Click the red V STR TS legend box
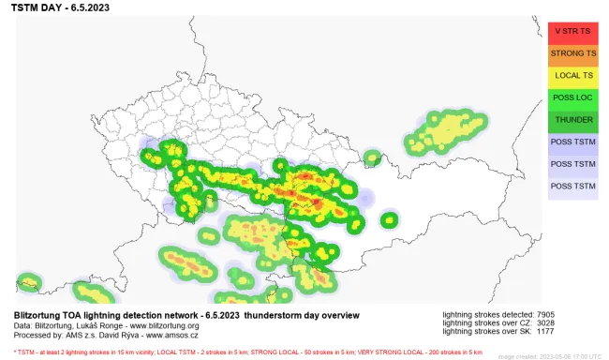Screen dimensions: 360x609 point(573,30)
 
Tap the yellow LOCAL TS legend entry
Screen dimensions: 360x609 point(573,75)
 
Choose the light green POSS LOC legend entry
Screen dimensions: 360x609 point(573,97)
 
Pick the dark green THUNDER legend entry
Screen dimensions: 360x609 point(573,120)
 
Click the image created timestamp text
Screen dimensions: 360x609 point(549,356)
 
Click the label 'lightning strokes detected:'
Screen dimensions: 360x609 point(484,314)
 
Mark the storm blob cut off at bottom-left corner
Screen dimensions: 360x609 point(28,281)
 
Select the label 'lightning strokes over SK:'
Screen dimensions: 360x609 point(484,331)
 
